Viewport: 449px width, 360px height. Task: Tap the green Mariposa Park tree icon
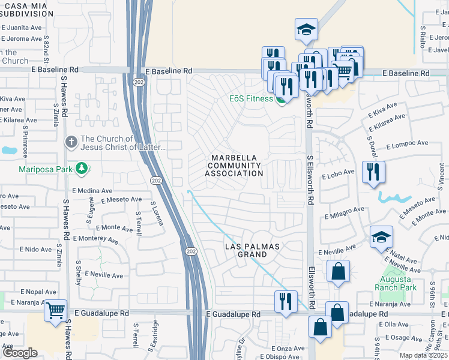pos(83,169)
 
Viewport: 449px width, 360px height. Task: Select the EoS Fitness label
pos(251,99)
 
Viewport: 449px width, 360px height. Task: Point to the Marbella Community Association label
pos(234,166)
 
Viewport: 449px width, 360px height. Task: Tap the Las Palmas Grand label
pos(254,250)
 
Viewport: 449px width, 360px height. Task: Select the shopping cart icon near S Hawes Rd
pos(55,311)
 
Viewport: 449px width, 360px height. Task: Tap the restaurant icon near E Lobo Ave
pos(373,172)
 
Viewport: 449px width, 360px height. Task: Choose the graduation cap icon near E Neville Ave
pos(381,236)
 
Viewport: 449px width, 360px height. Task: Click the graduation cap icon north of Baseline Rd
pos(306,29)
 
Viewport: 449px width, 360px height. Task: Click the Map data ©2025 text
pos(424,355)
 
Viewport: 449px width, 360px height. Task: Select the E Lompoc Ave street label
pos(407,145)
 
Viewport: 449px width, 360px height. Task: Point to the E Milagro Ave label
pos(345,212)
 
